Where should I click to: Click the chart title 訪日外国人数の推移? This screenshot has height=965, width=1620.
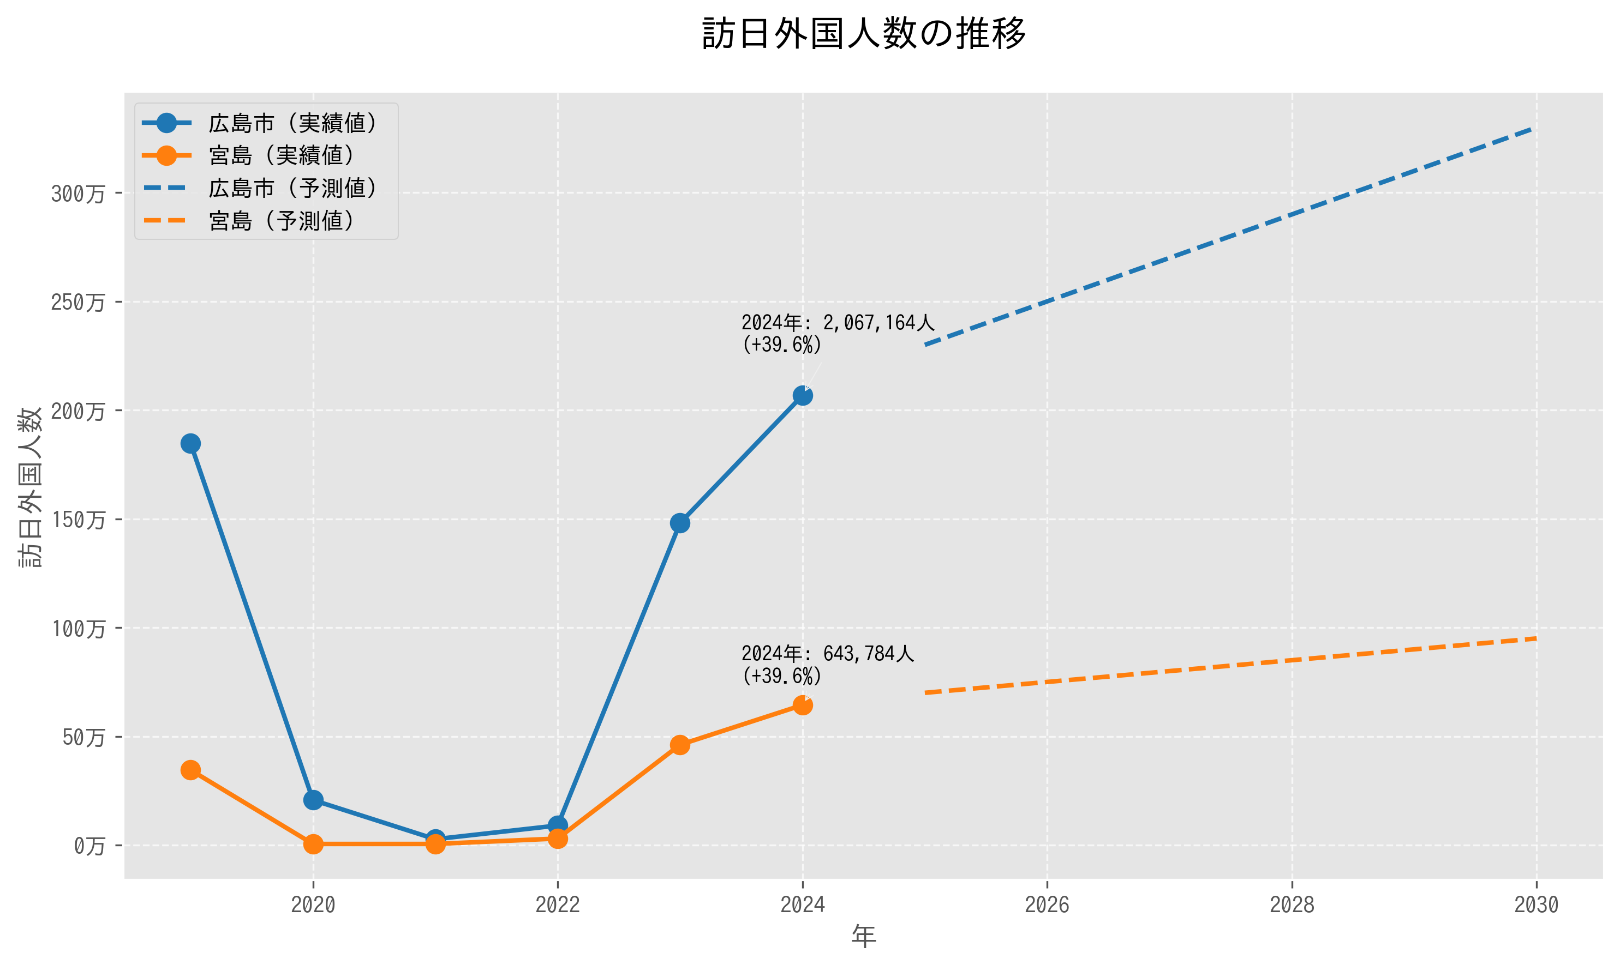863,34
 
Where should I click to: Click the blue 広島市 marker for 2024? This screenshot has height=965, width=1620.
802,395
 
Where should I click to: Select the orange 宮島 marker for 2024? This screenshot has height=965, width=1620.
802,705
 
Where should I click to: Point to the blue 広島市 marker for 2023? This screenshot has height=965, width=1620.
680,523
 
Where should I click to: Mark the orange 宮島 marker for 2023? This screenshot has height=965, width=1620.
680,745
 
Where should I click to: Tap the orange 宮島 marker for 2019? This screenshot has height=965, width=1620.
190,770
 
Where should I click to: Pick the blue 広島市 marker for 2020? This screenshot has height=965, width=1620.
313,800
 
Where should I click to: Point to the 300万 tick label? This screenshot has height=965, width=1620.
78,194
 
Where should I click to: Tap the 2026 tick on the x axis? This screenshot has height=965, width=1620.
1047,904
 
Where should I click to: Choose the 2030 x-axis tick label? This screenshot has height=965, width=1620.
1536,904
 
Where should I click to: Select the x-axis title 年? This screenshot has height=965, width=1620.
863,937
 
